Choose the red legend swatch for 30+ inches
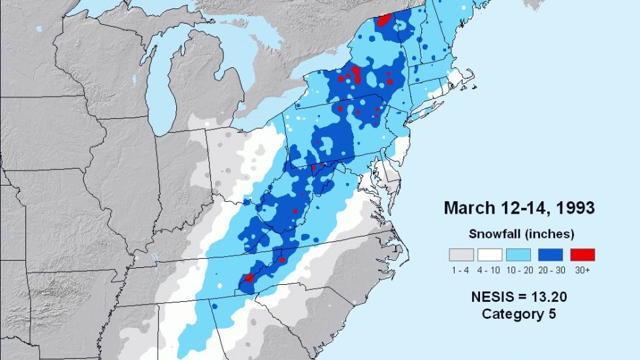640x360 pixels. coord(582,255)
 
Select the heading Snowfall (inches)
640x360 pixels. coord(520,233)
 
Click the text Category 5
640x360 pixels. coord(519,314)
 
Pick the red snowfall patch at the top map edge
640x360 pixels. coord(385,18)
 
